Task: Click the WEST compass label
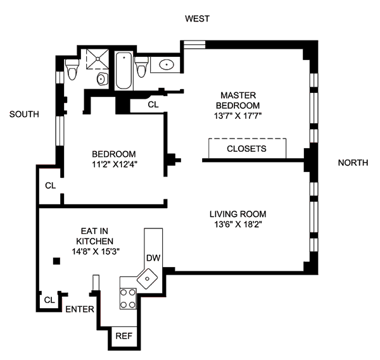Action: click(x=197, y=19)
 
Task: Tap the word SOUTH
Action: click(x=25, y=115)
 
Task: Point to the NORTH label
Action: click(x=353, y=163)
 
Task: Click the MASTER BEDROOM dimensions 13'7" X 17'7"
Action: click(x=237, y=116)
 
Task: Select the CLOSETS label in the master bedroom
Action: click(x=246, y=149)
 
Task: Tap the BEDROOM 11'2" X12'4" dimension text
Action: click(x=114, y=164)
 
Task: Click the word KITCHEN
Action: click(x=95, y=241)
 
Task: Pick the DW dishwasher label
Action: click(x=153, y=258)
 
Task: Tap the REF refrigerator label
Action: click(x=123, y=337)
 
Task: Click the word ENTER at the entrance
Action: click(x=80, y=310)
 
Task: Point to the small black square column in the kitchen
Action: click(x=56, y=261)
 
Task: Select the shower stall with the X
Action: click(x=94, y=57)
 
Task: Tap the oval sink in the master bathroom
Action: click(x=167, y=64)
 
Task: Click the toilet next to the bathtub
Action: click(x=142, y=65)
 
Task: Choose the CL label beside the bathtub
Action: click(x=153, y=104)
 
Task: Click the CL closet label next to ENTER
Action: click(x=49, y=299)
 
